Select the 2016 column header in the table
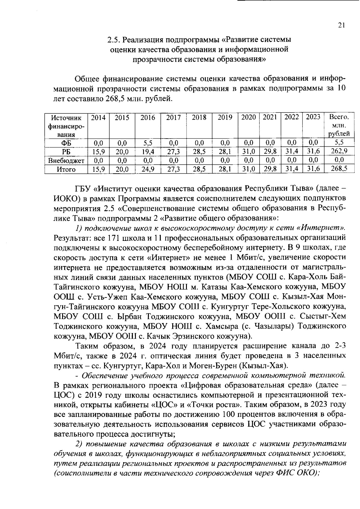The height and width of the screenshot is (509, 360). (148, 118)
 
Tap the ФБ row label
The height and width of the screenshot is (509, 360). (66, 143)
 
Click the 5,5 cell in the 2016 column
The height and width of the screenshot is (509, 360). (148, 143)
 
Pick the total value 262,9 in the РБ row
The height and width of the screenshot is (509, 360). (339, 151)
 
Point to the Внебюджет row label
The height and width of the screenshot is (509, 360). (66, 160)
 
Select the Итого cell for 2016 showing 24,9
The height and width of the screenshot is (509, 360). (148, 169)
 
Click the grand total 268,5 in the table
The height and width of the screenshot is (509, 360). (339, 169)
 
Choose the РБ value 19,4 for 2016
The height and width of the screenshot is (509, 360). (148, 152)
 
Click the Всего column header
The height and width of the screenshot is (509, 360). (339, 117)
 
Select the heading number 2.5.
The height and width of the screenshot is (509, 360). (114, 40)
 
